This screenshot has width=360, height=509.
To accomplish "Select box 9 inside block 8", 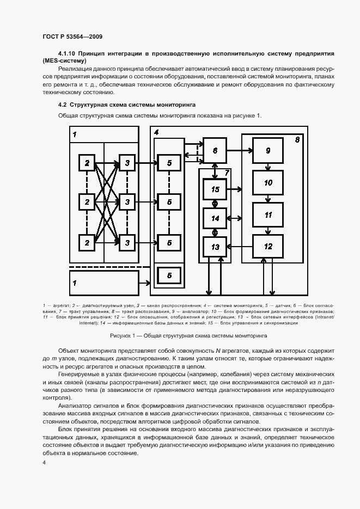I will pyautogui.click(x=267, y=151).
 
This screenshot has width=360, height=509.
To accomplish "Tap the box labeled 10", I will pyautogui.click(x=267, y=183).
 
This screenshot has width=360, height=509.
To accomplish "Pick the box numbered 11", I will pyautogui.click(x=267, y=215).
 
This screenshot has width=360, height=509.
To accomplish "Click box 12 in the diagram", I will pyautogui.click(x=267, y=247).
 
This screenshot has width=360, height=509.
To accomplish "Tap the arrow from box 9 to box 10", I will pyautogui.click(x=268, y=168).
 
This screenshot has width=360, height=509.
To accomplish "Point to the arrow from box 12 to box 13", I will pyautogui.click(x=241, y=247).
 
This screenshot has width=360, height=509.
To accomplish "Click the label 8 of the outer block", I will pyautogui.click(x=297, y=140).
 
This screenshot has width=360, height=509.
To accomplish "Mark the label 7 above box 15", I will pyautogui.click(x=227, y=173).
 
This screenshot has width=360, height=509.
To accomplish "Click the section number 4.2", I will pyautogui.click(x=62, y=104).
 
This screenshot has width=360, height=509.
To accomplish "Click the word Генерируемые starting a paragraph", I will pyautogui.click(x=77, y=375).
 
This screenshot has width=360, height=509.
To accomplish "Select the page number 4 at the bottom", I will pyautogui.click(x=44, y=462).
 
